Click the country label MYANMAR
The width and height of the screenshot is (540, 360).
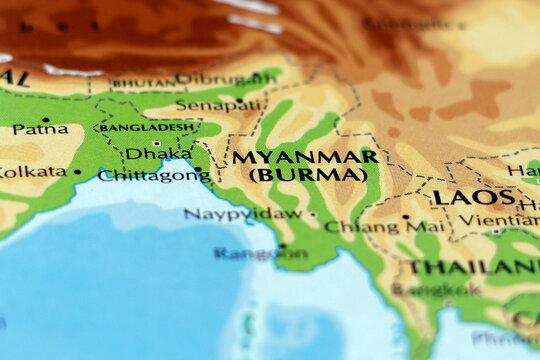305,157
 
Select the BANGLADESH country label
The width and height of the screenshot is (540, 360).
147,127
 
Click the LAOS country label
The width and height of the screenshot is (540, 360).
474,197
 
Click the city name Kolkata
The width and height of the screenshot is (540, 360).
33,172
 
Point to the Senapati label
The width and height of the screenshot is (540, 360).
207,104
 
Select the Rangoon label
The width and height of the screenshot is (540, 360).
260,253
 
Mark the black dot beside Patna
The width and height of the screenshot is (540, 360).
45,119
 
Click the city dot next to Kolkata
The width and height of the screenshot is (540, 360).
77,172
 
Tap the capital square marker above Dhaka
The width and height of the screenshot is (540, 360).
157,143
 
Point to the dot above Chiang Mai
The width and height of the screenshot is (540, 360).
405,216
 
